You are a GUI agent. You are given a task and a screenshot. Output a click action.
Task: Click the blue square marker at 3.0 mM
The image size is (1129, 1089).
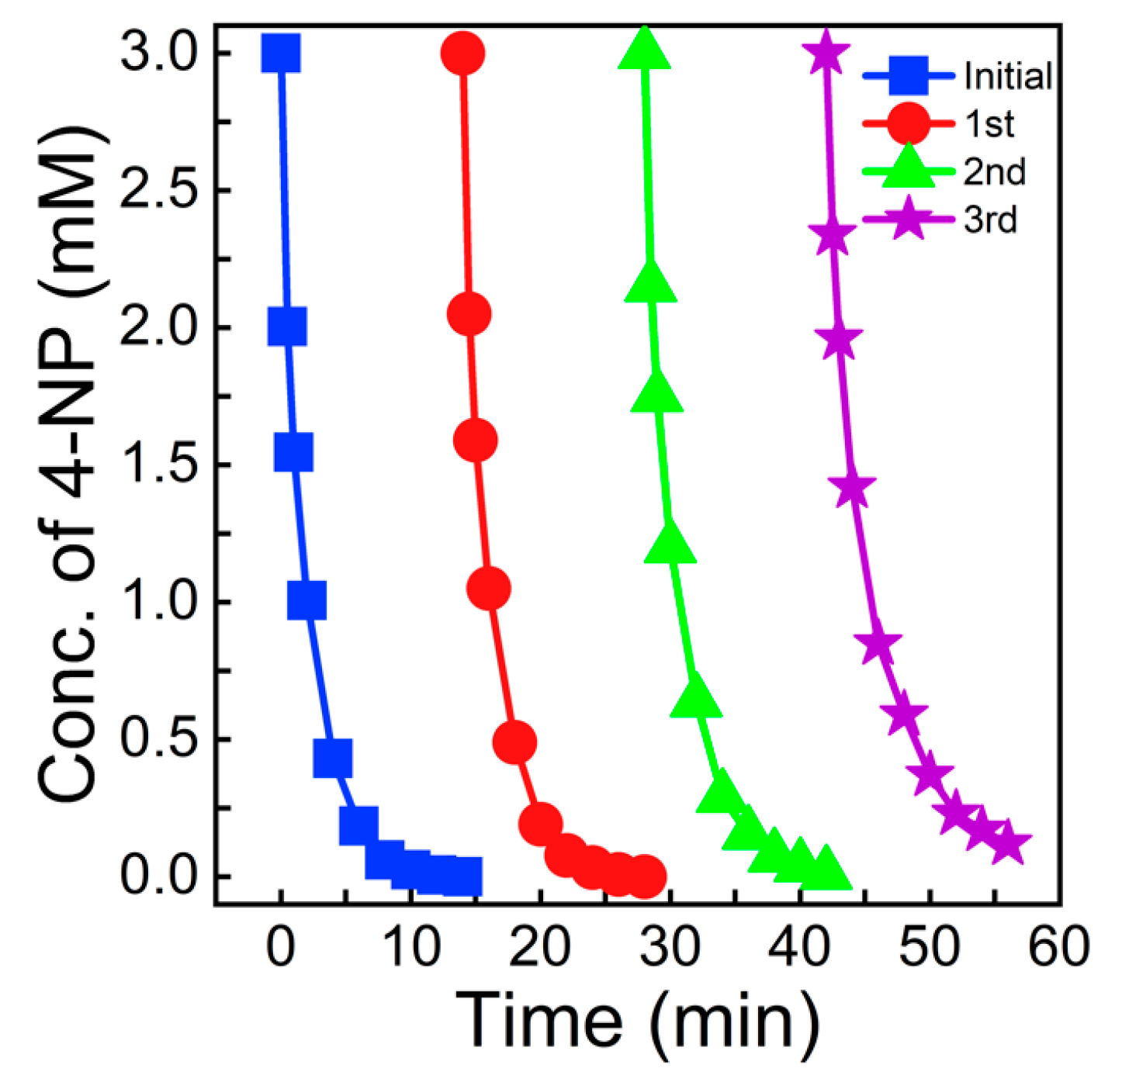[x=281, y=54]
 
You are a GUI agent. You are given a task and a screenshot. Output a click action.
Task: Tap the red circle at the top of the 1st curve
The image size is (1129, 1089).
[x=462, y=54]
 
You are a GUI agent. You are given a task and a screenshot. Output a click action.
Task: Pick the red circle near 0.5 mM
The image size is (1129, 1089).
[x=514, y=742]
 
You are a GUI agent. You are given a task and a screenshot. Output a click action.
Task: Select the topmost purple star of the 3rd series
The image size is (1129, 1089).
[x=826, y=54]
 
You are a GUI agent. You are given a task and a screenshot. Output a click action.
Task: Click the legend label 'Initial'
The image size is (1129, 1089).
[x=1007, y=76]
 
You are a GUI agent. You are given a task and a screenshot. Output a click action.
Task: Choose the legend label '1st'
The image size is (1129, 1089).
[x=989, y=124]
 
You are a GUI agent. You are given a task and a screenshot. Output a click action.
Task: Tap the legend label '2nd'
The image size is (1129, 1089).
[x=994, y=172]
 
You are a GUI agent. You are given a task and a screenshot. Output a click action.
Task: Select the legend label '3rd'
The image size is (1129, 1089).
[x=990, y=220]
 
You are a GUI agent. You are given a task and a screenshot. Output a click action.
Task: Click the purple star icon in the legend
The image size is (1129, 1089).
[x=907, y=220]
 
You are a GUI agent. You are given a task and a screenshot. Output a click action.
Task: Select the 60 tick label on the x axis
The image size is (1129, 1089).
[x=1058, y=949]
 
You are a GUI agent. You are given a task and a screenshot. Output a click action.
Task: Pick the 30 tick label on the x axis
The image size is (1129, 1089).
[x=670, y=949]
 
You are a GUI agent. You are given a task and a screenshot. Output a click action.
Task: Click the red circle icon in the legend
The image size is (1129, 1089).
[x=907, y=124]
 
